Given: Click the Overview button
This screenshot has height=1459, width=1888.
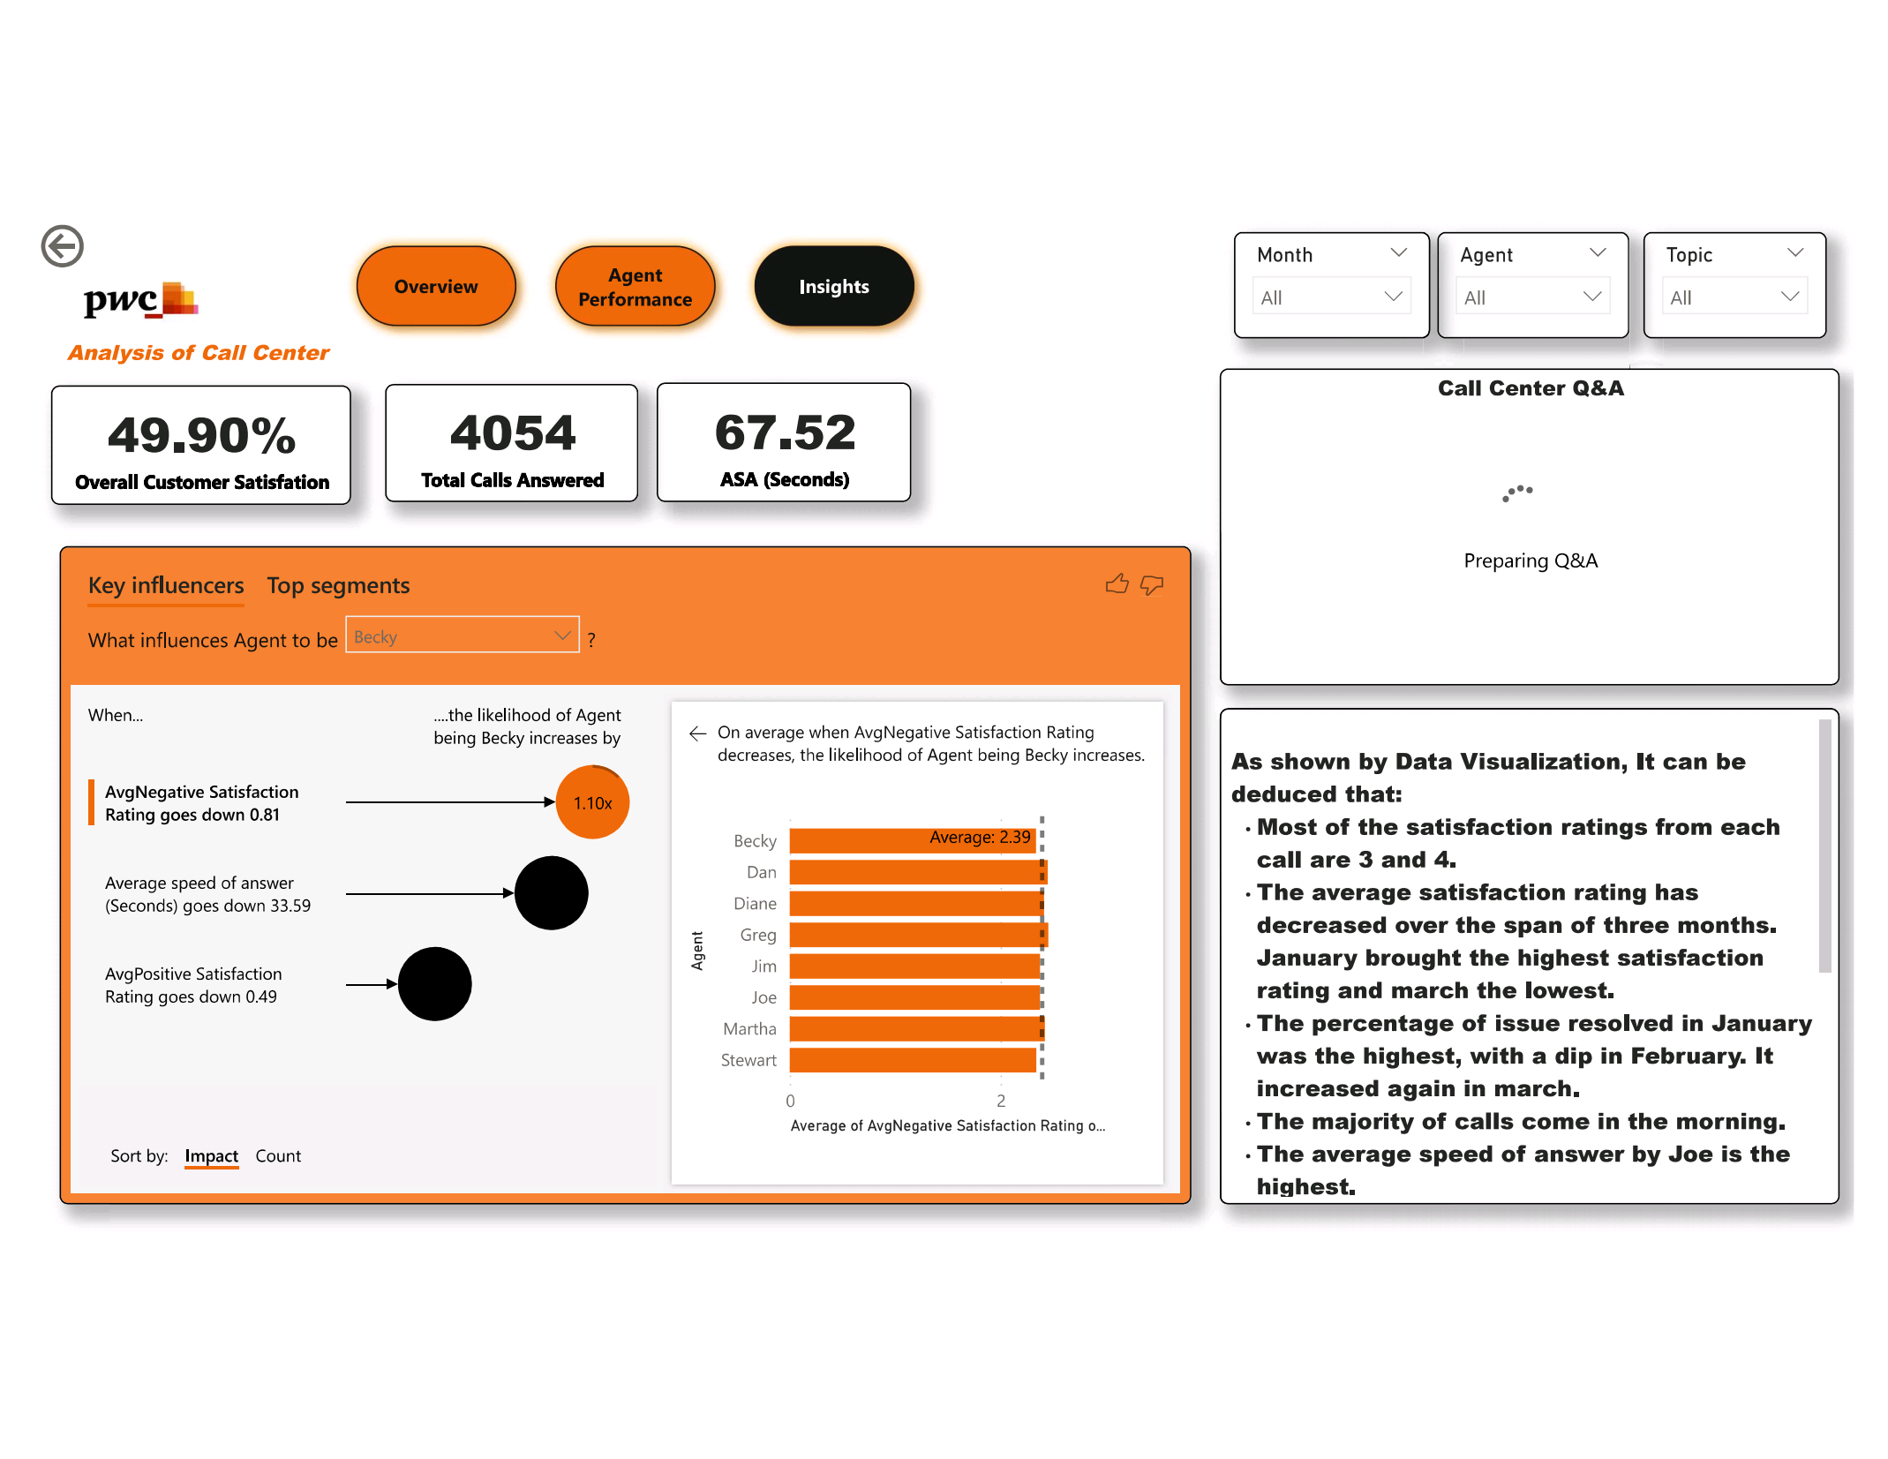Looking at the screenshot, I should pyautogui.click(x=435, y=287).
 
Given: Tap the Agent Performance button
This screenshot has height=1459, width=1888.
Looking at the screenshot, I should pyautogui.click(x=635, y=287).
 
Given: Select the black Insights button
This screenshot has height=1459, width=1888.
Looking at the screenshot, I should pyautogui.click(x=833, y=287).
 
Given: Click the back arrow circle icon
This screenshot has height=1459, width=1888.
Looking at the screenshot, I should pyautogui.click(x=63, y=246).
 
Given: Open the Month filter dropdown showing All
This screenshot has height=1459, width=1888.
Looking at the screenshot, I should pyautogui.click(x=1330, y=297).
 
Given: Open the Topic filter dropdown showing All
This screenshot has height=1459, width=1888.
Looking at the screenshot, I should pyautogui.click(x=1734, y=297).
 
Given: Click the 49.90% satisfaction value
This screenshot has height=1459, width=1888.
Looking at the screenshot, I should pyautogui.click(x=201, y=435).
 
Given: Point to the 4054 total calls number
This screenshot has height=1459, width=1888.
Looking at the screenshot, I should pyautogui.click(x=512, y=433).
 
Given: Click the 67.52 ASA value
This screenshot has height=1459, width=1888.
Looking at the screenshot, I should pyautogui.click(x=785, y=432).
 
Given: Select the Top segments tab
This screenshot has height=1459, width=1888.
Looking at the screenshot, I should pyautogui.click(x=338, y=586).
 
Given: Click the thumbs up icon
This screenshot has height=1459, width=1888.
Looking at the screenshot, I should pyautogui.click(x=1117, y=584).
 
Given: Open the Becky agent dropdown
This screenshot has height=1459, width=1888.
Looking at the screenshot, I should pyautogui.click(x=462, y=635).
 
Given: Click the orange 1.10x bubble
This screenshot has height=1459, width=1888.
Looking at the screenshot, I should pyautogui.click(x=592, y=802).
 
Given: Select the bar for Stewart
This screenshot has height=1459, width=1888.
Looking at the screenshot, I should pyautogui.click(x=912, y=1060).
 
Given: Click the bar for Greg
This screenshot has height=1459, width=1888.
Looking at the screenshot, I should pyautogui.click(x=916, y=935).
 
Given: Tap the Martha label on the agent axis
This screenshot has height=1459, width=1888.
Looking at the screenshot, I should pyautogui.click(x=749, y=1029).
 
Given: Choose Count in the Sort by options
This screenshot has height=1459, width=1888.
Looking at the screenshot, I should pyautogui.click(x=278, y=1156).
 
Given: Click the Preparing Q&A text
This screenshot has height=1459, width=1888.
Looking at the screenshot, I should pyautogui.click(x=1530, y=561).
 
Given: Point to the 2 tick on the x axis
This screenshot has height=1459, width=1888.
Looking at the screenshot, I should pyautogui.click(x=1001, y=1101).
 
